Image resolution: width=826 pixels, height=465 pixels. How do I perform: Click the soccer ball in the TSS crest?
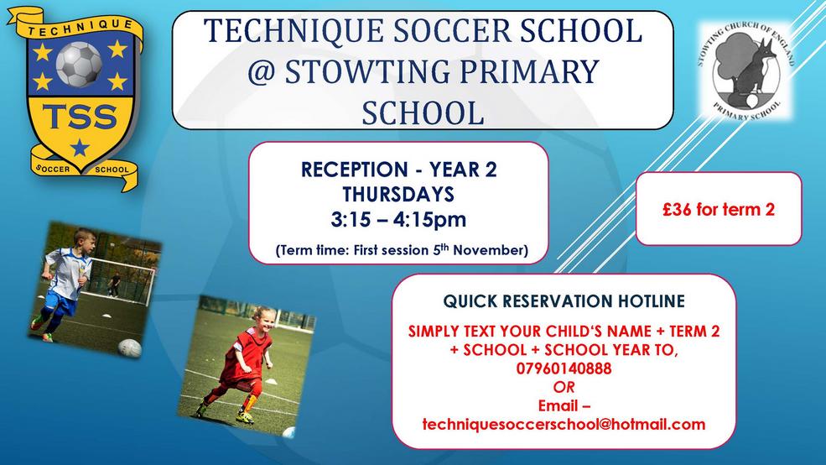tap(79, 65)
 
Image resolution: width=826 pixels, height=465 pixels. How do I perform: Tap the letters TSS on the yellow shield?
tap(80, 117)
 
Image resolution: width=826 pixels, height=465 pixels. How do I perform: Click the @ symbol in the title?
tap(262, 71)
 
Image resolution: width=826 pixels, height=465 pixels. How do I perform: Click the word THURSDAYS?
tap(398, 195)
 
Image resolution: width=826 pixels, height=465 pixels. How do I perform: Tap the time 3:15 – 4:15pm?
tap(398, 219)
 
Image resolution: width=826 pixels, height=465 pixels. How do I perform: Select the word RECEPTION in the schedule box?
tap(355, 170)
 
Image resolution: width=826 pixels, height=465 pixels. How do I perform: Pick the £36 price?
tap(677, 209)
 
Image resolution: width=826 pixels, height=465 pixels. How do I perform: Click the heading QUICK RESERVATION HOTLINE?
tap(564, 301)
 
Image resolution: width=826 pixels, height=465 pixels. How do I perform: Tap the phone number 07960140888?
tap(564, 368)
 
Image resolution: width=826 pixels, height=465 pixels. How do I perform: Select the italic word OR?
tap(564, 387)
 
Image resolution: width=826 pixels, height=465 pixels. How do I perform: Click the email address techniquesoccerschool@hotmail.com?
tap(564, 424)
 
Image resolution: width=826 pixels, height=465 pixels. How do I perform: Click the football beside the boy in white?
tap(129, 348)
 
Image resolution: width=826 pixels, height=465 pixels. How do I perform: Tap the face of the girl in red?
tap(262, 318)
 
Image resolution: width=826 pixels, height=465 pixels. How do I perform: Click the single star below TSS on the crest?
tap(80, 147)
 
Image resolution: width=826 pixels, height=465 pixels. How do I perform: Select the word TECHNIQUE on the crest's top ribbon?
tap(80, 28)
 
